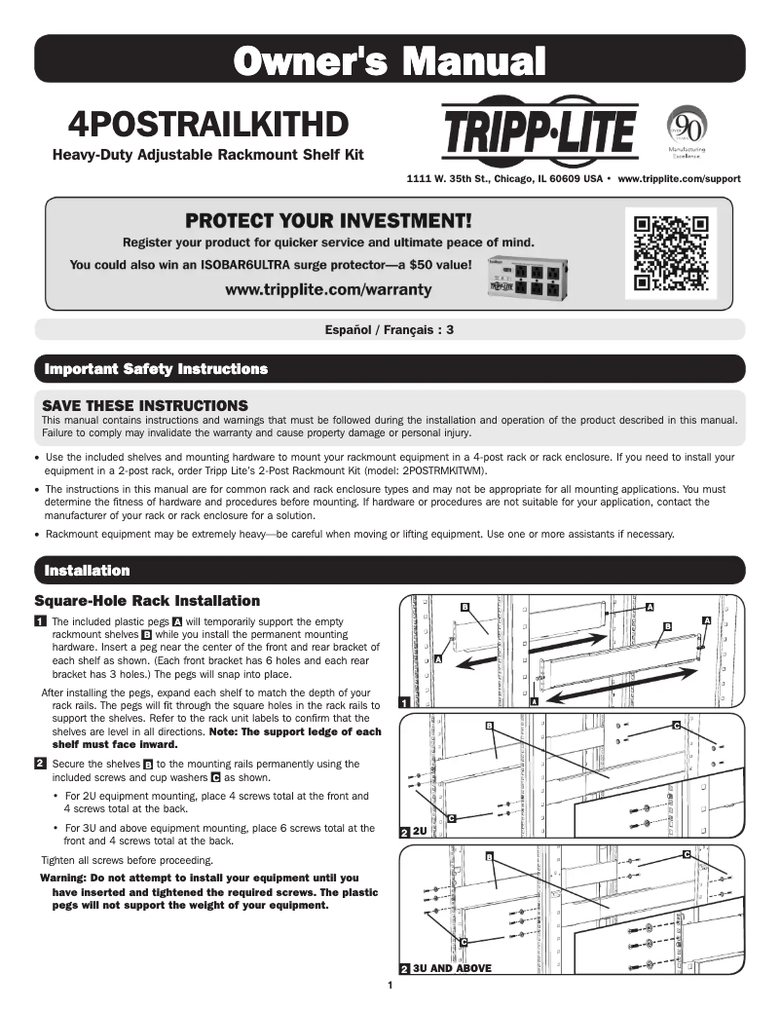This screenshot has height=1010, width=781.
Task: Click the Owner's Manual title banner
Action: coord(390,60)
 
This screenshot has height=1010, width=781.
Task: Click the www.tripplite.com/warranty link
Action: coord(328,290)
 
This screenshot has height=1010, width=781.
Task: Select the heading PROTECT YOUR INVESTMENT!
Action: coord(328,220)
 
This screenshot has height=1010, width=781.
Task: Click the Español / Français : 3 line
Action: coord(390,330)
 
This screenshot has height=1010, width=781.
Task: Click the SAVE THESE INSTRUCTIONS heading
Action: coord(144,404)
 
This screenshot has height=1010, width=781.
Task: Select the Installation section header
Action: coord(82,570)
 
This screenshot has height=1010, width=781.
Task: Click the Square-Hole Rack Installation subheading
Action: coord(147,601)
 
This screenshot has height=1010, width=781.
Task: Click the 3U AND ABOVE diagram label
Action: coord(452,968)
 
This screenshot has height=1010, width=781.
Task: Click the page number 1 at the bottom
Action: coord(390,986)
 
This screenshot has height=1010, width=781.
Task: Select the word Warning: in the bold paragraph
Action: coord(64,878)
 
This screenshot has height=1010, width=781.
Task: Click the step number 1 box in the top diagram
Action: coord(405,702)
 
